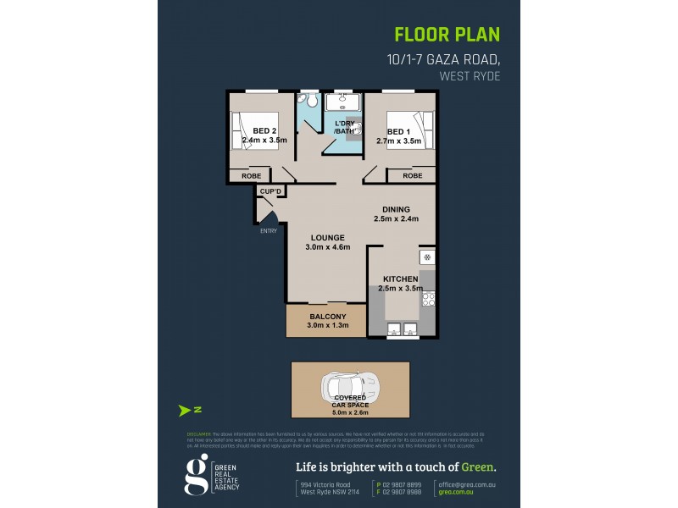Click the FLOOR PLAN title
447,35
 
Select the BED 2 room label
264,130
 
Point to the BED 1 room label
398,131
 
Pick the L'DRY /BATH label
346,128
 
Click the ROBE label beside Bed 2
252,175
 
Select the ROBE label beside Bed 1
412,175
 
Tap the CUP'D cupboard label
270,193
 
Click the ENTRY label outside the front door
268,230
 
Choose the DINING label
396,209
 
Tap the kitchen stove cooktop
428,298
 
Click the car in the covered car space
349,388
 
